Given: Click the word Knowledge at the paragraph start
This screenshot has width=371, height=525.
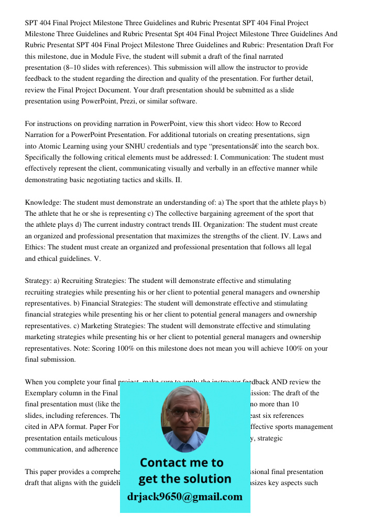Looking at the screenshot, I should (x=42, y=202).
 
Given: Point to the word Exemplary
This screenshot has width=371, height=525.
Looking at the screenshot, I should (x=43, y=393).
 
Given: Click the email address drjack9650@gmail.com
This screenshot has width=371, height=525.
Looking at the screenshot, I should (x=185, y=496).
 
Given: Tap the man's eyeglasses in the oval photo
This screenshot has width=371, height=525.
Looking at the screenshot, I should (x=185, y=413).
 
